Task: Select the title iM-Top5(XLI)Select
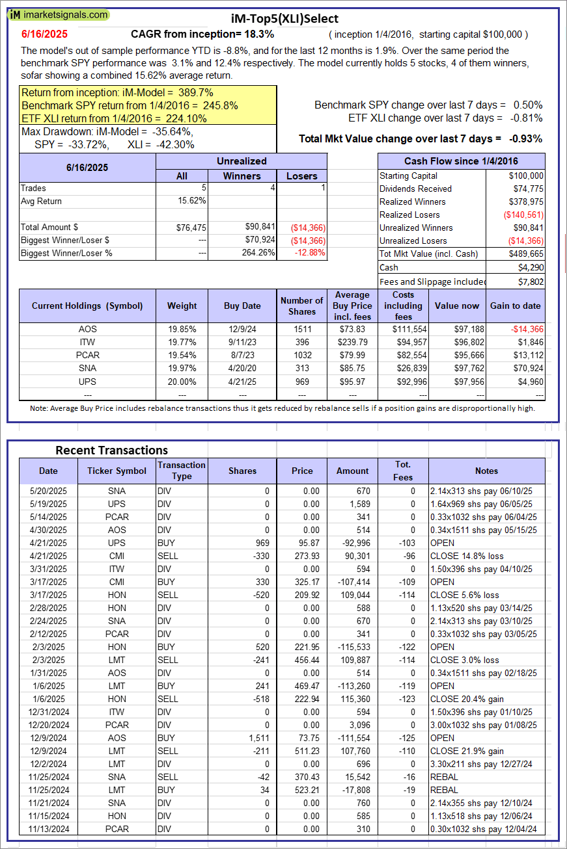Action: coord(285,19)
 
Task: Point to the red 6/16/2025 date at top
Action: coord(44,34)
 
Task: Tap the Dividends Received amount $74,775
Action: coord(527,189)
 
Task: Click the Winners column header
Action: coord(242,176)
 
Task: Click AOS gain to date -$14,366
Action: coord(527,329)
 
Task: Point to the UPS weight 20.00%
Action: coord(182,381)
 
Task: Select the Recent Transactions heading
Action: coord(111,450)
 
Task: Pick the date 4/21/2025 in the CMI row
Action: coord(48,556)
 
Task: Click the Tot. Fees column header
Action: coord(403,471)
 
